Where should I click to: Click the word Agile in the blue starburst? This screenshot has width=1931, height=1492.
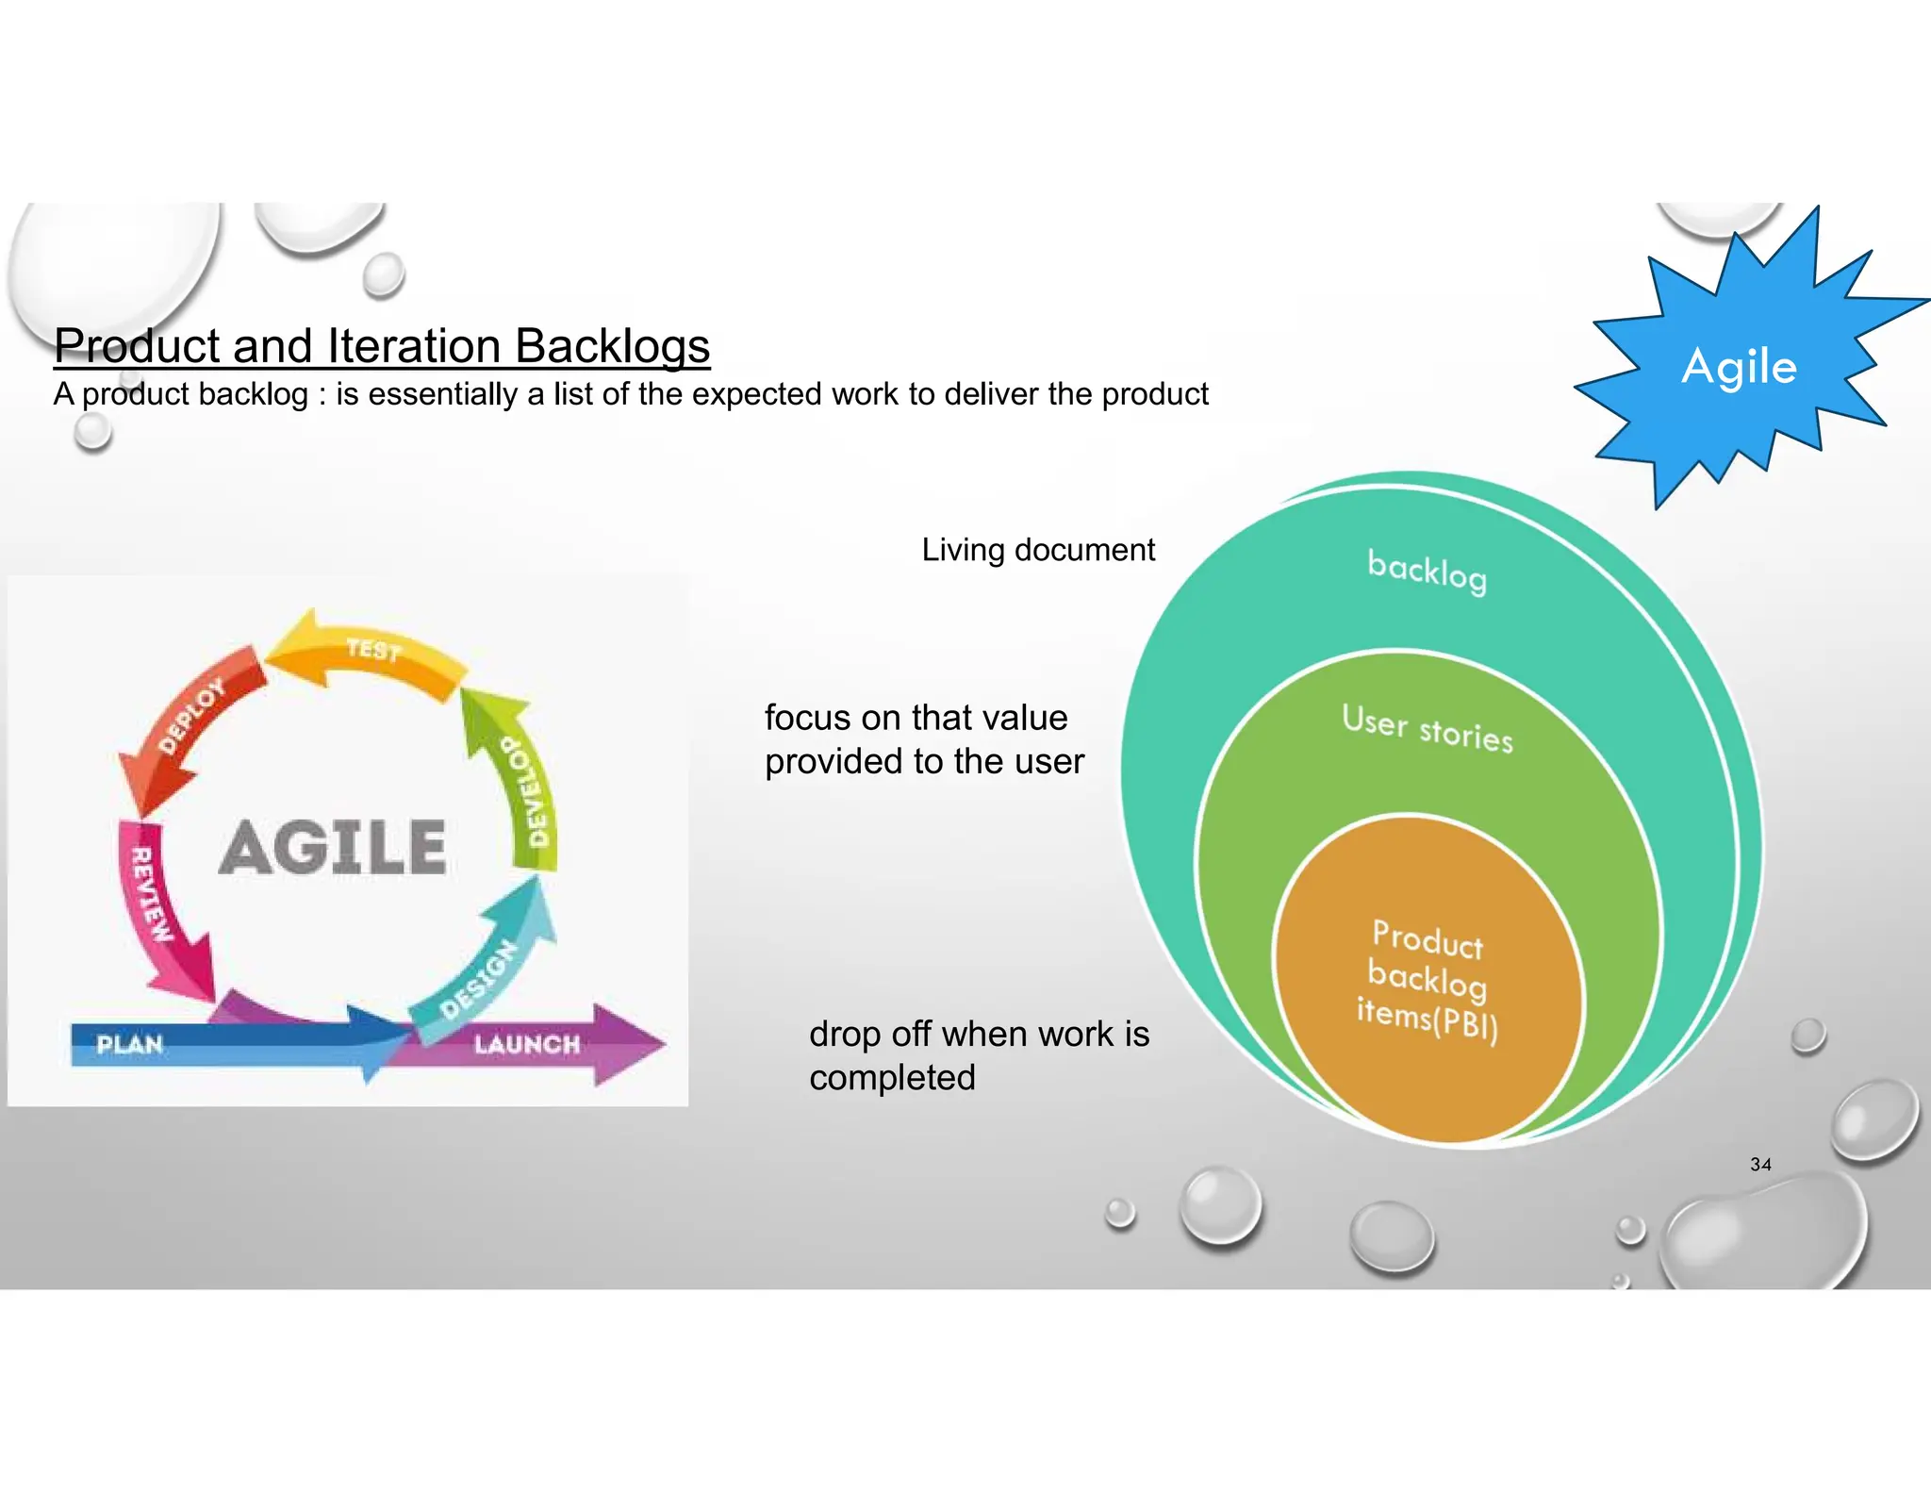(x=1739, y=367)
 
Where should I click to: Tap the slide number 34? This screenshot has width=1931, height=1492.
(x=1760, y=1164)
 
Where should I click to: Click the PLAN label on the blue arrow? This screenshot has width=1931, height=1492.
(x=130, y=1045)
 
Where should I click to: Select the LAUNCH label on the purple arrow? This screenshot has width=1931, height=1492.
(x=527, y=1045)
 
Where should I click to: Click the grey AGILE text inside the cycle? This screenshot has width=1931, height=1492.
(x=333, y=848)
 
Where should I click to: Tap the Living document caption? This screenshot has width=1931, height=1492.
(x=1037, y=550)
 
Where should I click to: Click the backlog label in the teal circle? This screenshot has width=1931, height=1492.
(x=1427, y=572)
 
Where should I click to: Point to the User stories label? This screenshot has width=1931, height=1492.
(x=1427, y=729)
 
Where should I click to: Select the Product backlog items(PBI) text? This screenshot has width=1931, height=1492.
(x=1427, y=981)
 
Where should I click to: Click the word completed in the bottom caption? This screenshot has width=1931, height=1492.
(x=892, y=1078)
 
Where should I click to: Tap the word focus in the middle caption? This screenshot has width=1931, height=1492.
(x=807, y=719)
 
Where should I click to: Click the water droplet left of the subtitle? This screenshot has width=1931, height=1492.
(x=92, y=432)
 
